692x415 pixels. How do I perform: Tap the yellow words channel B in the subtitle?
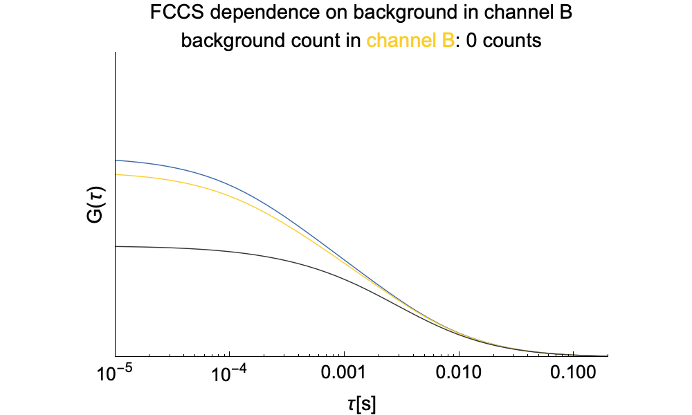pyautogui.click(x=410, y=41)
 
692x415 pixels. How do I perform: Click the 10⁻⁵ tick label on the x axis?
pyautogui.click(x=115, y=376)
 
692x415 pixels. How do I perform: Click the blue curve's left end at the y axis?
pyautogui.click(x=116, y=160)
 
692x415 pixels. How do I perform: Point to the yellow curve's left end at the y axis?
pyautogui.click(x=116, y=175)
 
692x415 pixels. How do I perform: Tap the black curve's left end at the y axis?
pyautogui.click(x=116, y=246)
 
